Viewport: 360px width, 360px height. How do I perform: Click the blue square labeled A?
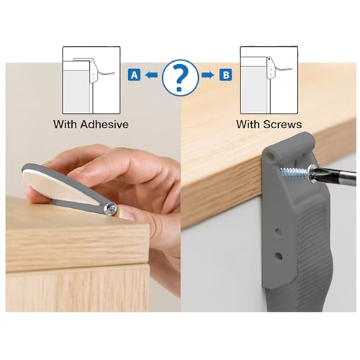[133, 74]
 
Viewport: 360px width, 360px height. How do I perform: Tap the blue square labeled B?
[227, 74]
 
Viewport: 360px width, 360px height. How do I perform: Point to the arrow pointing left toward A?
[150, 74]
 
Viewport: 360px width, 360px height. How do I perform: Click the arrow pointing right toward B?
[210, 74]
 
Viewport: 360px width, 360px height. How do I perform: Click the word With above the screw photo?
[249, 124]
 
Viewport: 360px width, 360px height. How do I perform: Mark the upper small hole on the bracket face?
[279, 233]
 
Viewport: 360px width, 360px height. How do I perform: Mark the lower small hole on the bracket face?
[279, 255]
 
